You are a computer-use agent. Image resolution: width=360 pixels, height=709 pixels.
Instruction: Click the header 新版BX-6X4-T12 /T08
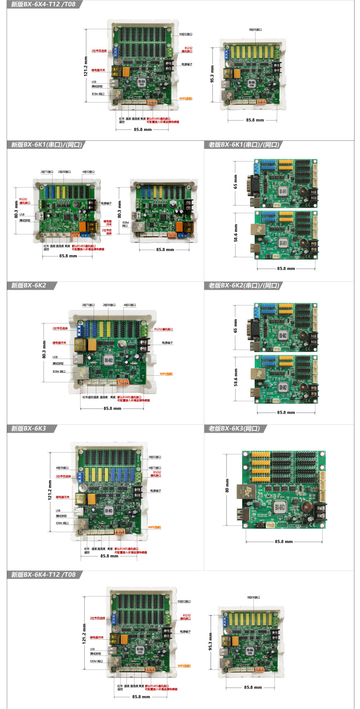[43, 4]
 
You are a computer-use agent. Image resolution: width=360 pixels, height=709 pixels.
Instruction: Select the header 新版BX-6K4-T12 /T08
[43, 574]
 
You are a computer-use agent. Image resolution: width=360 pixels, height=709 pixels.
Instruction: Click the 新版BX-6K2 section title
[28, 285]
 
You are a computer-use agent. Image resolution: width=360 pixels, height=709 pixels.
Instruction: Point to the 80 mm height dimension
[227, 485]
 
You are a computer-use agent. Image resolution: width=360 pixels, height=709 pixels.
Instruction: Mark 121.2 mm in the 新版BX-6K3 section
[49, 490]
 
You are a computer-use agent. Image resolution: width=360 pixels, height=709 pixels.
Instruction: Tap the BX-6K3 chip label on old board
[280, 507]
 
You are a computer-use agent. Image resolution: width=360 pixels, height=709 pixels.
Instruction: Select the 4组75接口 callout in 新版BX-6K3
[154, 468]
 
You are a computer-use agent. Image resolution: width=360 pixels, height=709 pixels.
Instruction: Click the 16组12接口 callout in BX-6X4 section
[185, 34]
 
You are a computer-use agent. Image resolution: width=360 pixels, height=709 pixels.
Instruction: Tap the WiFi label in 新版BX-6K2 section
[166, 373]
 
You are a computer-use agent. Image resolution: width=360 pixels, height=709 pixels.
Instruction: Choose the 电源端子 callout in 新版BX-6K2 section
[167, 343]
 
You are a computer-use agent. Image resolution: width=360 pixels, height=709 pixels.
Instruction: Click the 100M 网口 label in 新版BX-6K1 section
[126, 224]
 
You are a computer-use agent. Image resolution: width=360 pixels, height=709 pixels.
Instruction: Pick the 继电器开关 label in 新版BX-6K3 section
[63, 497]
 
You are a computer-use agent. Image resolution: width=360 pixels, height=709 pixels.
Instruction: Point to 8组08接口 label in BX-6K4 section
[253, 597]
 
